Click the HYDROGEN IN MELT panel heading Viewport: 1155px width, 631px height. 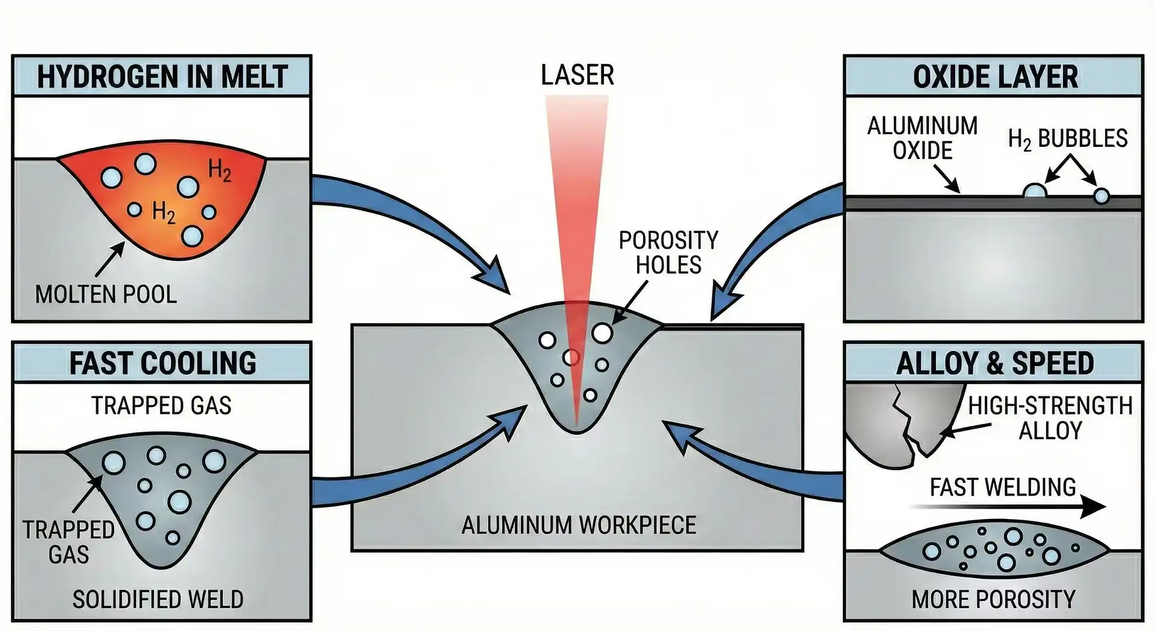pos(162,77)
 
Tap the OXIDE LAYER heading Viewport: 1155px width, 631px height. pos(995,77)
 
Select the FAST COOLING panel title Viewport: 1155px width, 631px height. pos(162,364)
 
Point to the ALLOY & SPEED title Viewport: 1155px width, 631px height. pos(995,364)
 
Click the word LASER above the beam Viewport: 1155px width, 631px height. pos(577,75)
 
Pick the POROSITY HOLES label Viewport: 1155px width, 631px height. pos(668,253)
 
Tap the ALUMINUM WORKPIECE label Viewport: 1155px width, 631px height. pos(578,525)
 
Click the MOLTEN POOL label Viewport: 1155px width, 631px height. pos(106,294)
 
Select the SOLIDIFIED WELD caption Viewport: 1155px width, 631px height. pos(158,599)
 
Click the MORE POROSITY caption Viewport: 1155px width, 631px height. pos(993,599)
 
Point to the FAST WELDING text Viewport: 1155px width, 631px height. pos(1003,487)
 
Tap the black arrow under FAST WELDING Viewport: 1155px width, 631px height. pos(1011,508)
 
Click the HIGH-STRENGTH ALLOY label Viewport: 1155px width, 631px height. pos(1050,418)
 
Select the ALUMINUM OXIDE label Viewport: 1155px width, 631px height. pos(922,138)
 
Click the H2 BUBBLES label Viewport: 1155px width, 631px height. pos(1067,138)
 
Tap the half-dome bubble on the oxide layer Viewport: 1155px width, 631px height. pos(1035,191)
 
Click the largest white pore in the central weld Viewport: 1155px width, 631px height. pos(602,332)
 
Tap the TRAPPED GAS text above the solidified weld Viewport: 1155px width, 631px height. pos(161,406)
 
